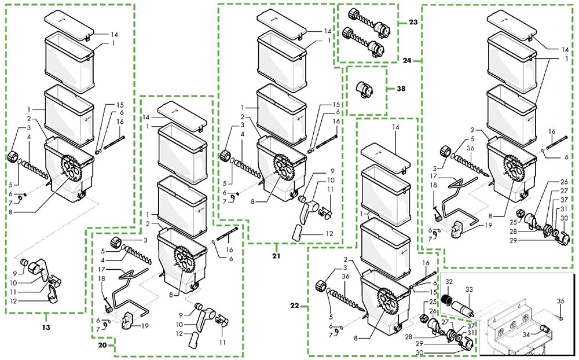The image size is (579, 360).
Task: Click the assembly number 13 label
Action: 46,328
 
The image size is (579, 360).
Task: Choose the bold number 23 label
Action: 412,22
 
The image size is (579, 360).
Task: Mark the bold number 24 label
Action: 408,60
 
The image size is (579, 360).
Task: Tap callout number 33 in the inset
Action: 469,289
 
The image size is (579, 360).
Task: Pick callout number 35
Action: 560,302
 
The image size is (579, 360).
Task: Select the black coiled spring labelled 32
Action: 448,300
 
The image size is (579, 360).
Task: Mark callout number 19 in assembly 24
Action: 472,225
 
